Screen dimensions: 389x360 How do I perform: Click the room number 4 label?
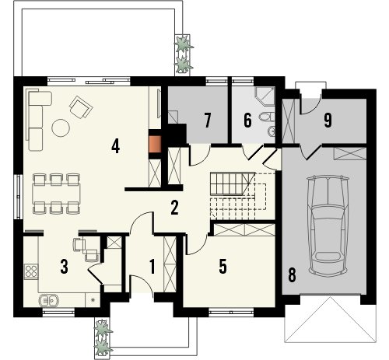pos(115,146)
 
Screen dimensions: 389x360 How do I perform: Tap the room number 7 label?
pos(207,121)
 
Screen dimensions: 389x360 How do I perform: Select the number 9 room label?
pos(328,121)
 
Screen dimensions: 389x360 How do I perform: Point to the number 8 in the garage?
pos(292,275)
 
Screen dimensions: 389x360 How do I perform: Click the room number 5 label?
pos(223,266)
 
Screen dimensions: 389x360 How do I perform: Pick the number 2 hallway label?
pos(174,208)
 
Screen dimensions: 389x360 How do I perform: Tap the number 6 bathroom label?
pos(247,121)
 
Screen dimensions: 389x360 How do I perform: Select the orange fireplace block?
pos(155,144)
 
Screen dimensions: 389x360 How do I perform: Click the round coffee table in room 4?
pos(61,128)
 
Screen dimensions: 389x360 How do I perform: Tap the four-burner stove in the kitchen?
pos(31,271)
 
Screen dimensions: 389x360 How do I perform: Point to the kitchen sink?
pos(48,301)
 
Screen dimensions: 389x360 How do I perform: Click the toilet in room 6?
pos(267,117)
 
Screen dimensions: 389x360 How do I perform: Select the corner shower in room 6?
pos(265,96)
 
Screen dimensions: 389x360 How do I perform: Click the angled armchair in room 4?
pos(81,107)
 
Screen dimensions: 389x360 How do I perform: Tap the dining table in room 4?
pos(56,194)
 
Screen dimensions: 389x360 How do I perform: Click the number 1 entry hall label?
pos(152,267)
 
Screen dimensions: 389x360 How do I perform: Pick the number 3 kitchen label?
pos(64,267)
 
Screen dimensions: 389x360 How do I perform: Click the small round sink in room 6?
pos(272,131)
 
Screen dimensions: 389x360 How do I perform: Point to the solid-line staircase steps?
pos(230,184)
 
